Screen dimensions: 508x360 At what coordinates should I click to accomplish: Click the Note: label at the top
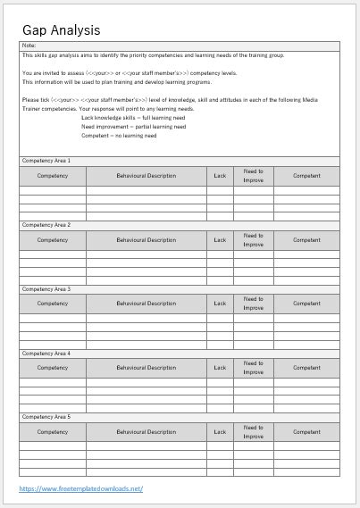(29, 45)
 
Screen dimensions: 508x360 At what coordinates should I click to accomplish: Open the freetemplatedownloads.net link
(81, 488)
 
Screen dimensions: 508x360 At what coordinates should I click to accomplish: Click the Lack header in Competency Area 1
(220, 176)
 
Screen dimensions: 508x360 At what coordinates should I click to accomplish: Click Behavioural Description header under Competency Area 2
(147, 240)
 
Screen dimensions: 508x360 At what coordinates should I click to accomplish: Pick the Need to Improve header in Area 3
(254, 304)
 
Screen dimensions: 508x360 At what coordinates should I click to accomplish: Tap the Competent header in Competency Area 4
(307, 368)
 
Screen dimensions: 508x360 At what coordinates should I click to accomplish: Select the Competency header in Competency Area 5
(53, 432)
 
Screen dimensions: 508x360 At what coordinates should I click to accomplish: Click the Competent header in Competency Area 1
(307, 176)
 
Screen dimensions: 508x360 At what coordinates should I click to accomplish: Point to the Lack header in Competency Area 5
(220, 432)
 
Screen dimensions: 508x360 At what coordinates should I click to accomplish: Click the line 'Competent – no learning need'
(118, 136)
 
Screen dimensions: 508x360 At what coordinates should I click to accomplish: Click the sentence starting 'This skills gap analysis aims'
(141, 55)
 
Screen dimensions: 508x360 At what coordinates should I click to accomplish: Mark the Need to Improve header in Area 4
(254, 368)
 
